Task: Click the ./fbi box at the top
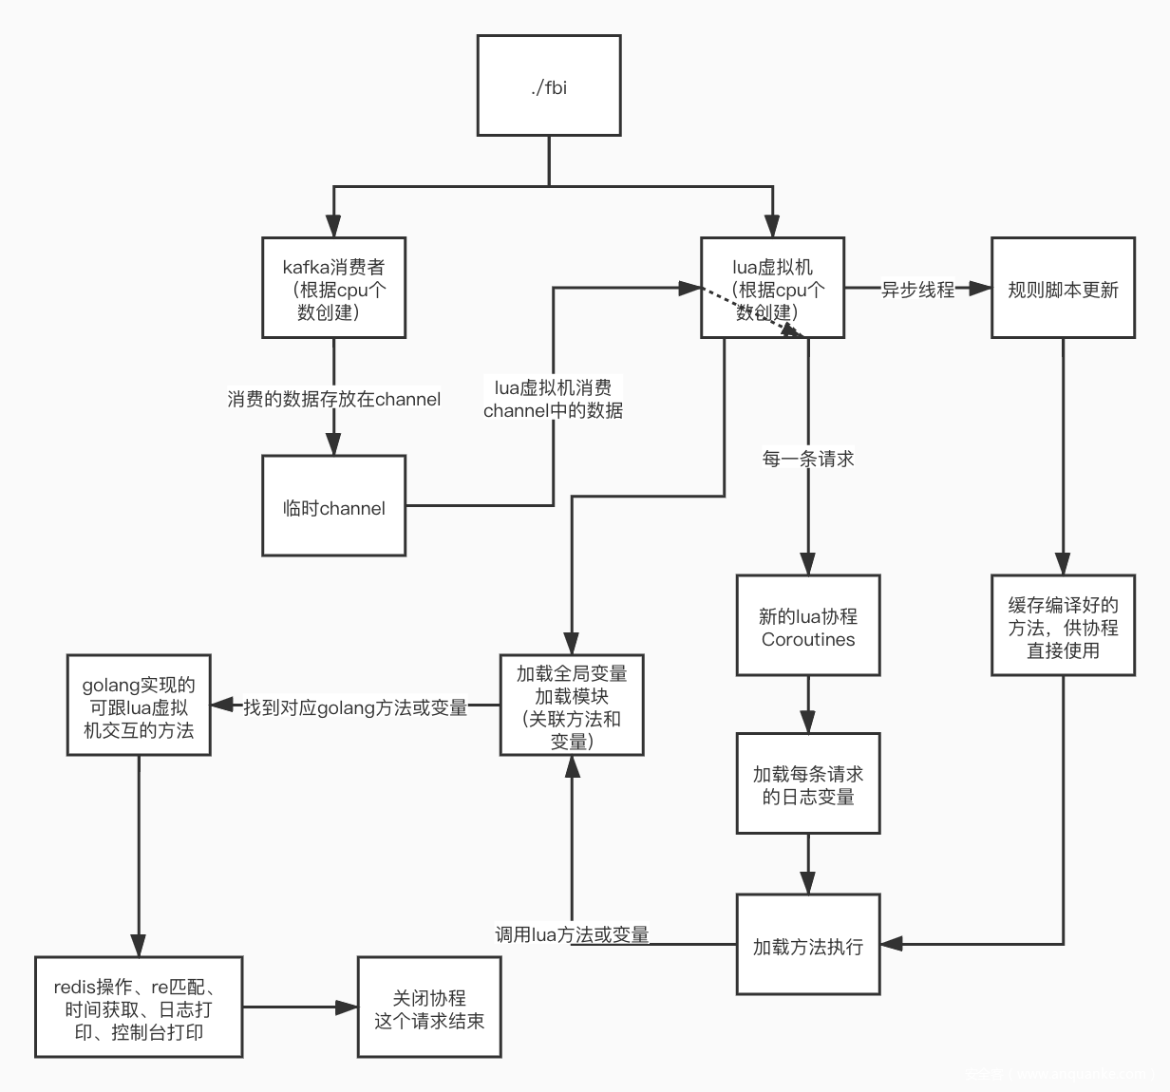tap(549, 85)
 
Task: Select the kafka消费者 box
tap(334, 288)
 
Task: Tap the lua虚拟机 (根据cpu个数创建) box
tap(772, 288)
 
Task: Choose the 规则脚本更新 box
tap(1063, 288)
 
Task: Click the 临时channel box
tap(334, 506)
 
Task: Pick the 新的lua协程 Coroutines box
tap(808, 626)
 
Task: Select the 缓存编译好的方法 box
tap(1063, 626)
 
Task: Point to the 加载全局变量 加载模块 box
tap(572, 706)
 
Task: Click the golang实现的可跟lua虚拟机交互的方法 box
tap(139, 706)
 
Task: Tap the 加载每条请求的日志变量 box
tap(808, 784)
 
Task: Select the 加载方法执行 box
tap(808, 945)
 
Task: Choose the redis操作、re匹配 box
tap(139, 1007)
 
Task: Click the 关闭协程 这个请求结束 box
tap(429, 1007)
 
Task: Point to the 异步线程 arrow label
tap(917, 289)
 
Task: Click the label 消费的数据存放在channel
tap(334, 399)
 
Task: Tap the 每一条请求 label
tap(808, 459)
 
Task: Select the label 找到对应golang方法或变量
tap(356, 706)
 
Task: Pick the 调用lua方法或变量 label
tap(572, 934)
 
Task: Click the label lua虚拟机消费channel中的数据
tap(554, 399)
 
